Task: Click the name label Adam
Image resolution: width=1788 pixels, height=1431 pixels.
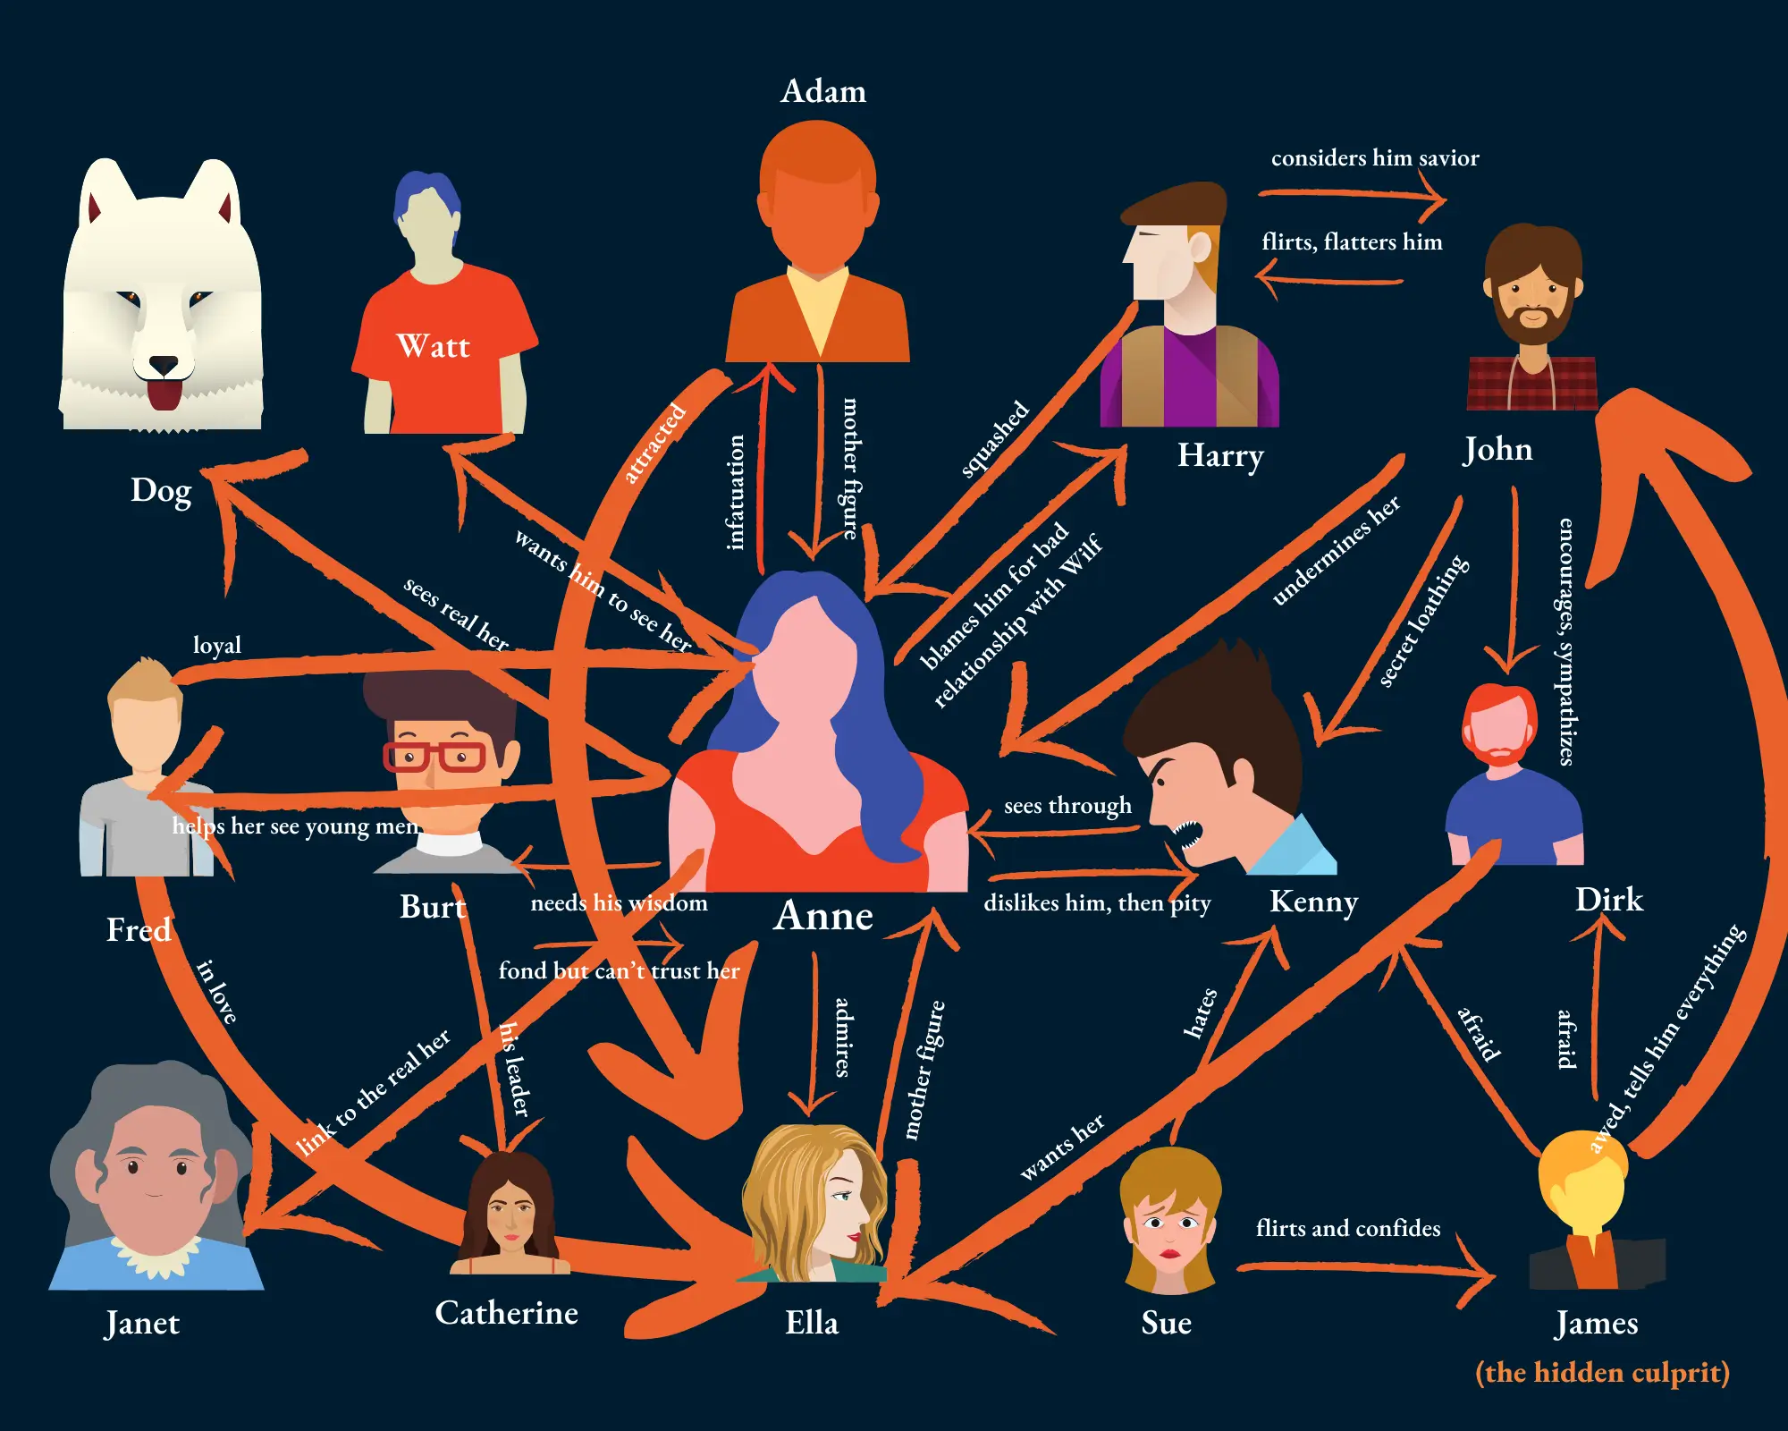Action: tap(823, 91)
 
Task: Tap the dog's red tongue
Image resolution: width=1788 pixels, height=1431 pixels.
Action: tap(164, 394)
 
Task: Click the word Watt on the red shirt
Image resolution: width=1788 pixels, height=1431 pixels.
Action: tap(433, 346)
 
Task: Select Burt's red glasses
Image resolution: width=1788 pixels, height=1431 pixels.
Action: tap(434, 757)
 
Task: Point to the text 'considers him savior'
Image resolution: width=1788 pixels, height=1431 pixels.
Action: tap(1375, 158)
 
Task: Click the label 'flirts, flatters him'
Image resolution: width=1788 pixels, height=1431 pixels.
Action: tap(1352, 242)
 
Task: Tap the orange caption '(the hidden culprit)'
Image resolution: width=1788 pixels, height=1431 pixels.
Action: tap(1602, 1372)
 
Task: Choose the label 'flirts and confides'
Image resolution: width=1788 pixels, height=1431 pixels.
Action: tap(1348, 1228)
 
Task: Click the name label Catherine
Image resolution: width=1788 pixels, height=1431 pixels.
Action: tap(506, 1313)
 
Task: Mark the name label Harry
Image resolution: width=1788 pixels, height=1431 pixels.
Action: tap(1220, 456)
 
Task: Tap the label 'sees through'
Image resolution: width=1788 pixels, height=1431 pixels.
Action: tap(1067, 806)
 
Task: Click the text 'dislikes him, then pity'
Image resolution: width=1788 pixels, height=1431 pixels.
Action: tap(1097, 902)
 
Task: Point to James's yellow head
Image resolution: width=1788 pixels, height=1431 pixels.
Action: tap(1581, 1185)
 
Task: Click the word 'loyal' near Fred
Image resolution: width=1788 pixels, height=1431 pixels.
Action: tap(217, 645)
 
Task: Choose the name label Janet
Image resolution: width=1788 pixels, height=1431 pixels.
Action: tap(142, 1323)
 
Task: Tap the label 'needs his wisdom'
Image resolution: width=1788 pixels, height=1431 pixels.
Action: tap(619, 903)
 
